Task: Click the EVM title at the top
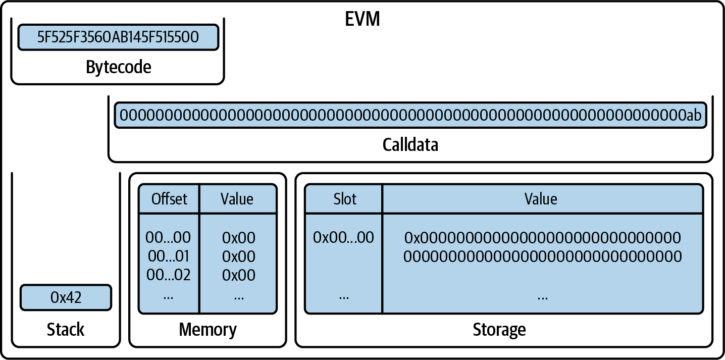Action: coord(362,19)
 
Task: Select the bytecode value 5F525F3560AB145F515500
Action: coord(118,37)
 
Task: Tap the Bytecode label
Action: coord(118,67)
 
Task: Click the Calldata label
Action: coord(410,145)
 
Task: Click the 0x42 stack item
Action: coord(66,297)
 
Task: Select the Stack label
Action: coord(66,330)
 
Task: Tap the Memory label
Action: coord(208,330)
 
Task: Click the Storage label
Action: coord(499,330)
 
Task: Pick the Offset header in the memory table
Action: coord(169,199)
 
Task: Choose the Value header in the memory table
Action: coord(237,199)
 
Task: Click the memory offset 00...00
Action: coord(168,237)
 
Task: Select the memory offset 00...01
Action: coord(168,256)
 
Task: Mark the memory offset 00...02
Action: coord(168,275)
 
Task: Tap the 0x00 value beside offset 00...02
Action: coord(238,275)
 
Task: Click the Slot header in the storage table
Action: coord(344,199)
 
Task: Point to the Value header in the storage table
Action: coord(541,199)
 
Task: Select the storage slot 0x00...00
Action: coord(343,237)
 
